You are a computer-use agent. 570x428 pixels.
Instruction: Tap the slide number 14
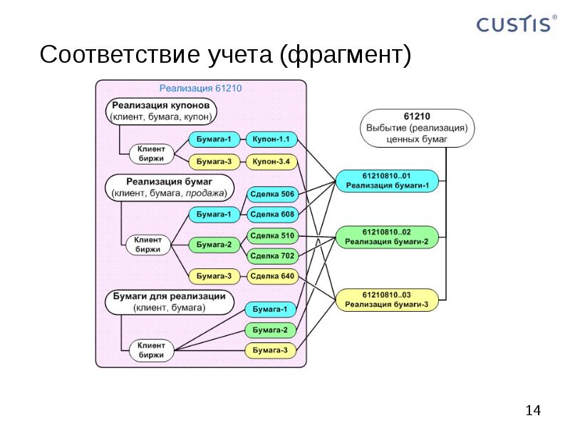pyautogui.click(x=532, y=410)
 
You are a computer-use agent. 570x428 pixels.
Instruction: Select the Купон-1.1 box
pyautogui.click(x=271, y=139)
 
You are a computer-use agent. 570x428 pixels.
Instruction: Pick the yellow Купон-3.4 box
pyautogui.click(x=271, y=161)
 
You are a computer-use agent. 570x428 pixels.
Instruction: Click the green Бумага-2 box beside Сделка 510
pyautogui.click(x=214, y=245)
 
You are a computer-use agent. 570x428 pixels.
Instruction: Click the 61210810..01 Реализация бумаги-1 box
pyautogui.click(x=386, y=180)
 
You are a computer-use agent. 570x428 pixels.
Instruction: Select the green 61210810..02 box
pyautogui.click(x=386, y=237)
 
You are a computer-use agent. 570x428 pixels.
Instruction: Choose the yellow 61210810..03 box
pyautogui.click(x=386, y=299)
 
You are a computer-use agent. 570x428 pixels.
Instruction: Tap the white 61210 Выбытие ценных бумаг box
pyautogui.click(x=416, y=128)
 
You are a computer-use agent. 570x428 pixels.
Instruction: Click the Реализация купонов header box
pyautogui.click(x=163, y=110)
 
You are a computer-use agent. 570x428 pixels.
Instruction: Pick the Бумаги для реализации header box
pyautogui.click(x=169, y=302)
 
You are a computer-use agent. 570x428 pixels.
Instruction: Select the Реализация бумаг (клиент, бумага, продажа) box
pyautogui.click(x=169, y=187)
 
